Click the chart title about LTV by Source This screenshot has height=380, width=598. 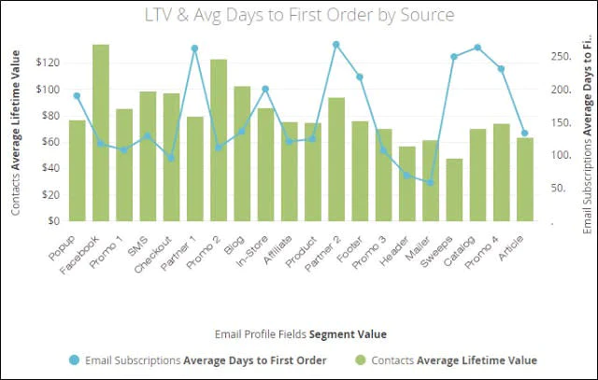(x=298, y=16)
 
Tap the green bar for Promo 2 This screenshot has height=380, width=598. (x=219, y=141)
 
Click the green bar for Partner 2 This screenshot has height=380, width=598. (x=336, y=160)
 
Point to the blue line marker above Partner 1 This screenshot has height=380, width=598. (x=195, y=49)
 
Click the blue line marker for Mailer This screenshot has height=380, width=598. (x=431, y=182)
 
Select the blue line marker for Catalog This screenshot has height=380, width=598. (x=477, y=47)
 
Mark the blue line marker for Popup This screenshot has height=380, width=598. (x=78, y=95)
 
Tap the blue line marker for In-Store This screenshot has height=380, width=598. (x=265, y=89)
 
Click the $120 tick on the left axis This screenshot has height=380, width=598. (x=46, y=63)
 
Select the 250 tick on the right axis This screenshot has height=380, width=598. (x=558, y=57)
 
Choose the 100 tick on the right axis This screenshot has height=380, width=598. (x=558, y=156)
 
